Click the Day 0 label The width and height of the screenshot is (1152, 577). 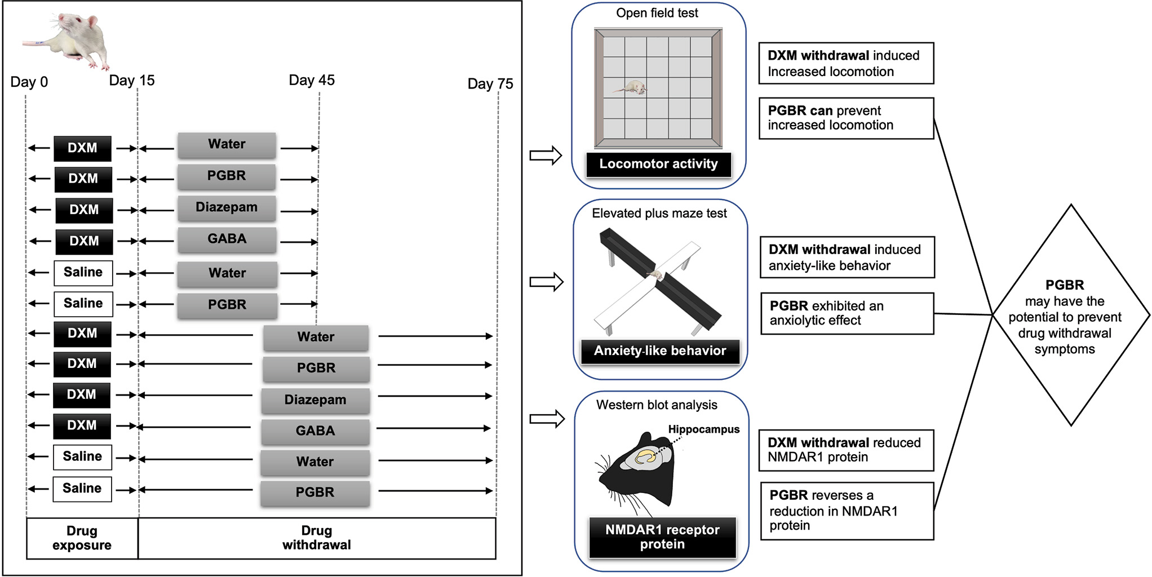(29, 82)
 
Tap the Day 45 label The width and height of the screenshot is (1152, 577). (312, 80)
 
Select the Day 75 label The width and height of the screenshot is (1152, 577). (490, 84)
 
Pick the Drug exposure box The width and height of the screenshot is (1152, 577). (82, 538)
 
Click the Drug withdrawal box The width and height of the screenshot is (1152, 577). (317, 538)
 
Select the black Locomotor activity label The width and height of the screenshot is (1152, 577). (658, 164)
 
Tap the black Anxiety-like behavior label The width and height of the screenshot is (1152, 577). (660, 351)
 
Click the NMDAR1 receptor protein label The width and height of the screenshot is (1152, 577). (662, 537)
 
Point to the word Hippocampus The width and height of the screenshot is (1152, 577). (703, 429)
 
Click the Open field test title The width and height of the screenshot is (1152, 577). (657, 13)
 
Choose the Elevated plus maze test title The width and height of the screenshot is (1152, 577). (659, 213)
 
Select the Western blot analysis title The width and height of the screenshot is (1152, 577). (657, 405)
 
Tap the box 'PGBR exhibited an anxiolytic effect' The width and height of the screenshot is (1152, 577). (847, 313)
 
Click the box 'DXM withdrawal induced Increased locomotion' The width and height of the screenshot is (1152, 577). (846, 63)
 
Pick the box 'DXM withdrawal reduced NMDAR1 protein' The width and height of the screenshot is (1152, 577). (846, 450)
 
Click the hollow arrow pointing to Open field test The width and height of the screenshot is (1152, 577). (546, 155)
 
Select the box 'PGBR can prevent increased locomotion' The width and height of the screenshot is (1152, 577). (846, 118)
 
